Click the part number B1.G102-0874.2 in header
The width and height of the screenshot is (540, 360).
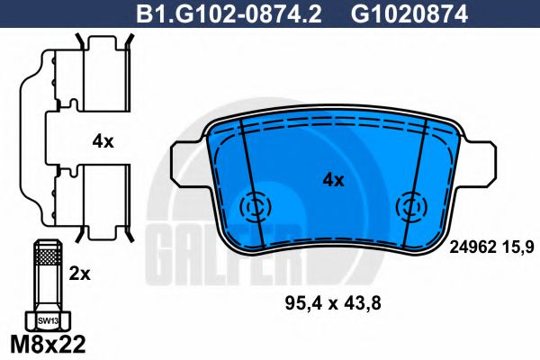click(229, 13)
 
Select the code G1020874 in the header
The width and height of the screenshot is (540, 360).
click(409, 13)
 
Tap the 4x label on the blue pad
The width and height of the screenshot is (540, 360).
click(333, 180)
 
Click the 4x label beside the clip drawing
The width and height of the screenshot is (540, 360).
click(103, 141)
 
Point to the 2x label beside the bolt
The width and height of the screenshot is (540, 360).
click(79, 274)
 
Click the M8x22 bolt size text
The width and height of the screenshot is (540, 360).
click(48, 344)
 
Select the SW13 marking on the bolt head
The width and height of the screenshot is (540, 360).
click(48, 320)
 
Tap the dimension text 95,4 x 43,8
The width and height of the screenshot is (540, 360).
click(333, 303)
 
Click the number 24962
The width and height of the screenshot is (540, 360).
click(472, 247)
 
